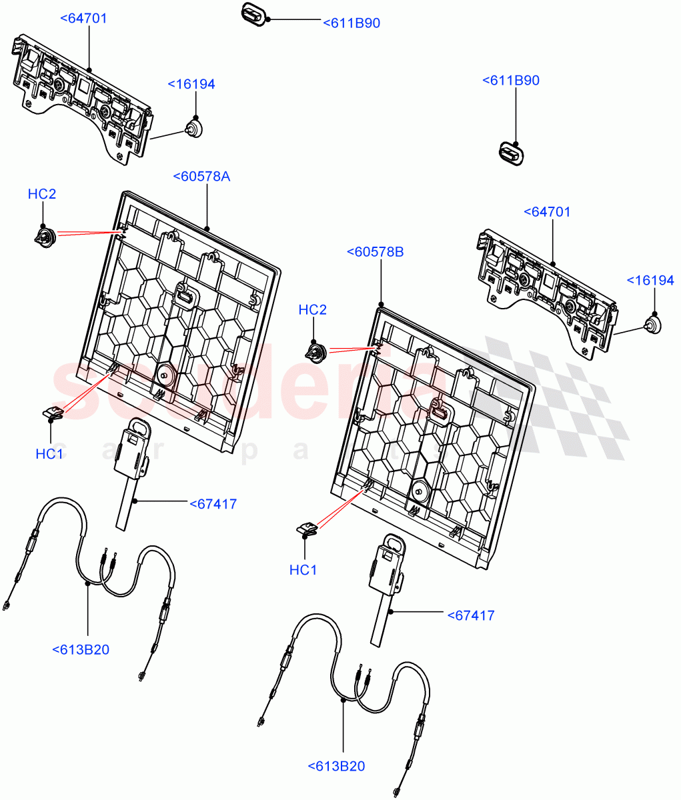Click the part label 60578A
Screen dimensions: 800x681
tap(201, 177)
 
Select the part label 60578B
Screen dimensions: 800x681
tap(375, 252)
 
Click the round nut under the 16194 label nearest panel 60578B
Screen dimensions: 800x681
tap(652, 325)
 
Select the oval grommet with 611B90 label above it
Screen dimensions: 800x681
tap(512, 153)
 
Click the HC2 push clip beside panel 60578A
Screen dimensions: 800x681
tap(43, 235)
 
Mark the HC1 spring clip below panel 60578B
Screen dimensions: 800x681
tap(307, 529)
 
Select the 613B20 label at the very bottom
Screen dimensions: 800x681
tap(336, 767)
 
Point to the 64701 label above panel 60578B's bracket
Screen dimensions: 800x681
tap(547, 212)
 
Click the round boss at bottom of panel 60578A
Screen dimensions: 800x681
tap(164, 375)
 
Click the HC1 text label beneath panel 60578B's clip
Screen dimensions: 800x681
tap(303, 569)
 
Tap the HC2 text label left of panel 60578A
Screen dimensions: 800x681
tap(42, 194)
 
